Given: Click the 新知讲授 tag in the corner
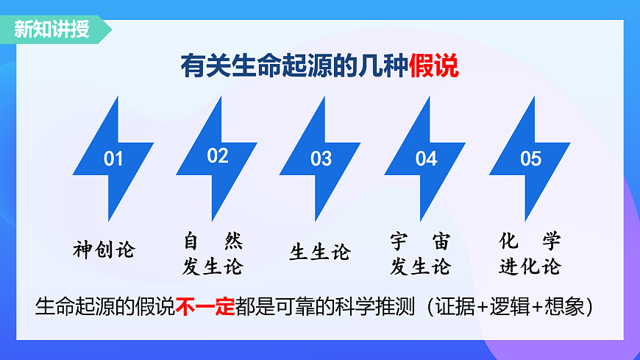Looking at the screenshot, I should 51,29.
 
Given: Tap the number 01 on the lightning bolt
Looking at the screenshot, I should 113,159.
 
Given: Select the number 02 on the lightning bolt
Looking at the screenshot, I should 218,156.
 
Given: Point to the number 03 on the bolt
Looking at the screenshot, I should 321,159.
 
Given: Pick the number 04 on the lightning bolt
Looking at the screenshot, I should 426,159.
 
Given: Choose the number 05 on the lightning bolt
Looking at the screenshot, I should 530,159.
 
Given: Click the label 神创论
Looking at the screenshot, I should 104,250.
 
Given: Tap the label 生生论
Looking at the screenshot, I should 319,253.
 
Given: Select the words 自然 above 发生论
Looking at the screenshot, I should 213,241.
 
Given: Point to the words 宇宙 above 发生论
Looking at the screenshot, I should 419,241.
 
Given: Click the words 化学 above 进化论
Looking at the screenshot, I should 530,241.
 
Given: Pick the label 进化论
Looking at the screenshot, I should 530,267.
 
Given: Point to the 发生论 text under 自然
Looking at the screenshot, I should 213,267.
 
